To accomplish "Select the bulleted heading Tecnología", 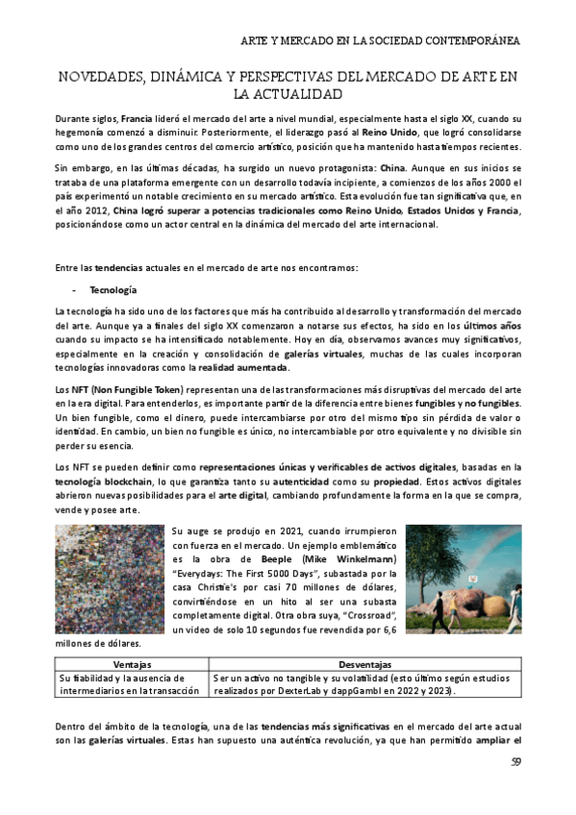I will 113,289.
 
